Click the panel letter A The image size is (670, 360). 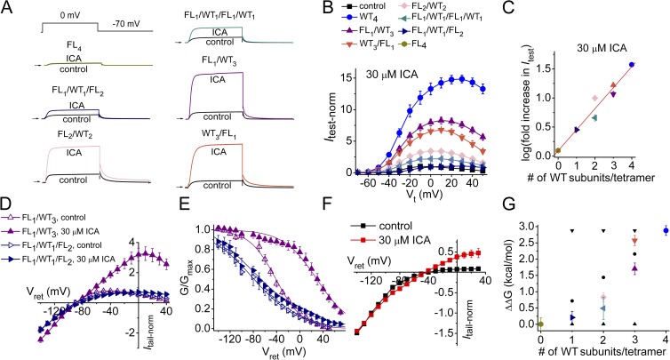(x=8, y=8)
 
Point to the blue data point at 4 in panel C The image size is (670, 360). (x=631, y=65)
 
